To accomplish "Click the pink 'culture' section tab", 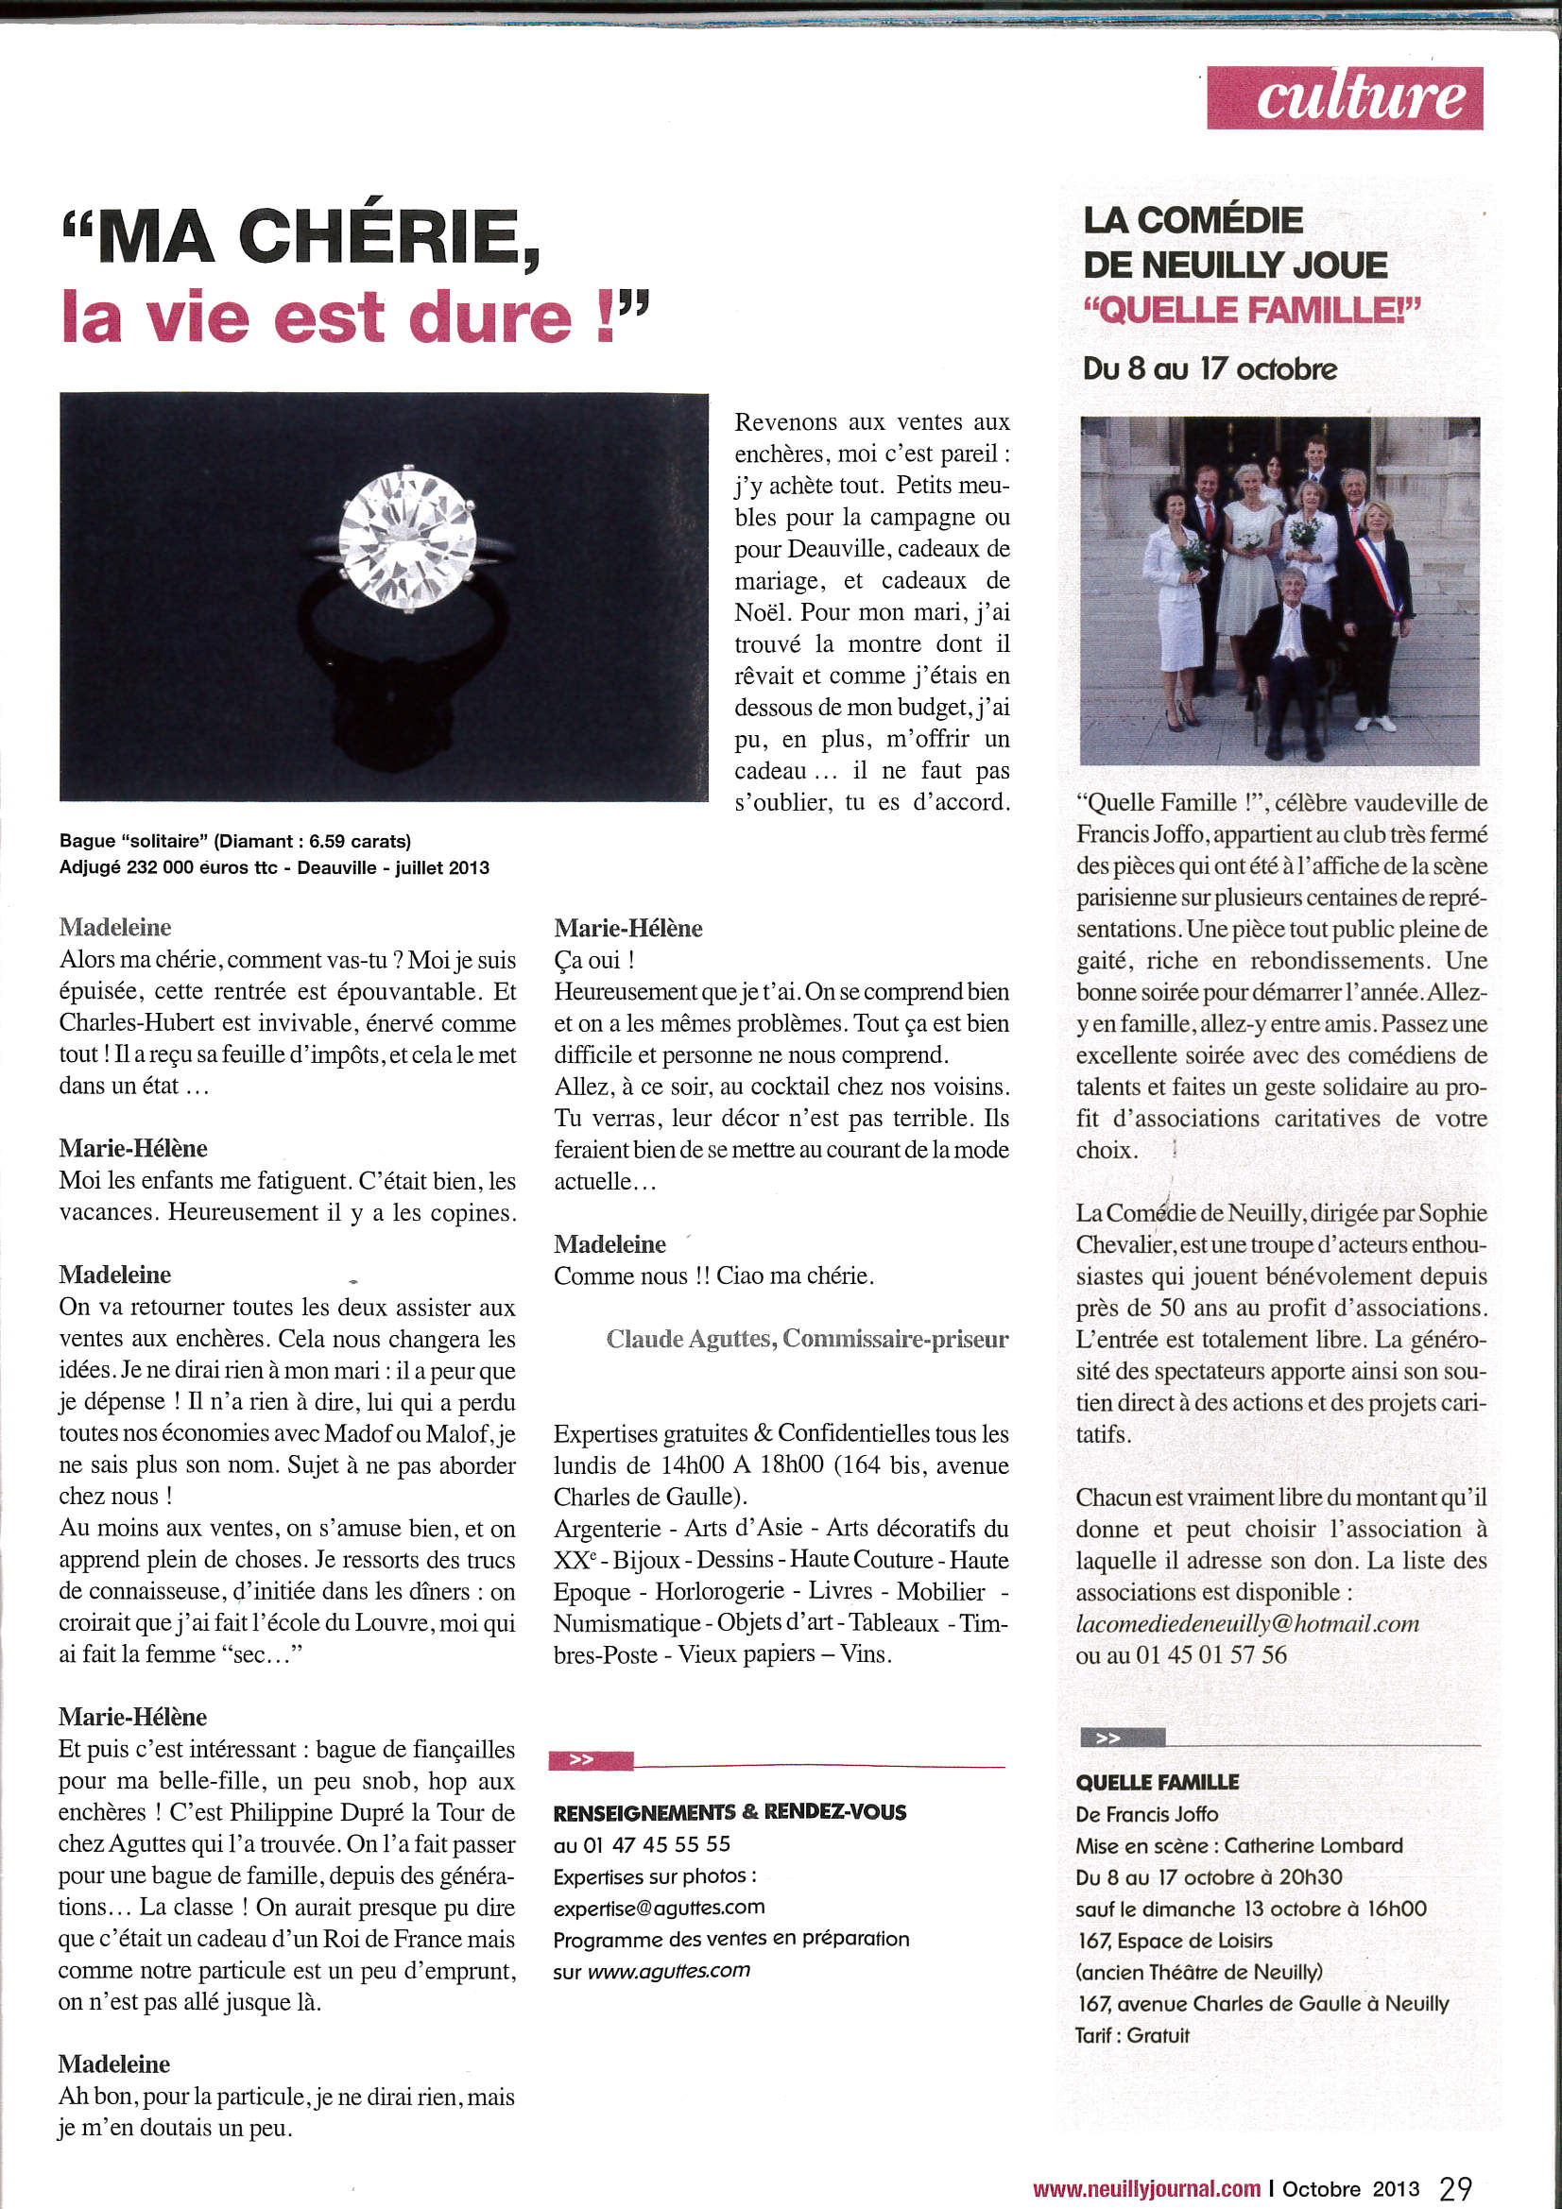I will pos(1344,98).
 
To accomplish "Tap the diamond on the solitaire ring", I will pos(407,539).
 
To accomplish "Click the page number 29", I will pos(1455,2188).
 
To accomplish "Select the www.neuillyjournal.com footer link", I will pos(1146,2189).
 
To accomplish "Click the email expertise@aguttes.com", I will pos(659,1907).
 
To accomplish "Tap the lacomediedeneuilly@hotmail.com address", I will pos(1247,1623).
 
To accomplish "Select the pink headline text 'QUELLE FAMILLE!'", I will pos(1251,310).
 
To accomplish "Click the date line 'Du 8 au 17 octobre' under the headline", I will pos(1210,368).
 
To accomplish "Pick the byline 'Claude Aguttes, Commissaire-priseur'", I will pos(806,1338).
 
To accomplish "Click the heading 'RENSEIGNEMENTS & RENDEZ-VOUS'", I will pos(729,1811).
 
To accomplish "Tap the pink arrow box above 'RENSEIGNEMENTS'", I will pos(590,1759).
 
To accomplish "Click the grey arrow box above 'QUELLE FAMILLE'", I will pos(1123,1738).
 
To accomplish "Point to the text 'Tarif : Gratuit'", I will pos(1132,2035).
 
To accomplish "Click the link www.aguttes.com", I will pos(668,1969).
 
